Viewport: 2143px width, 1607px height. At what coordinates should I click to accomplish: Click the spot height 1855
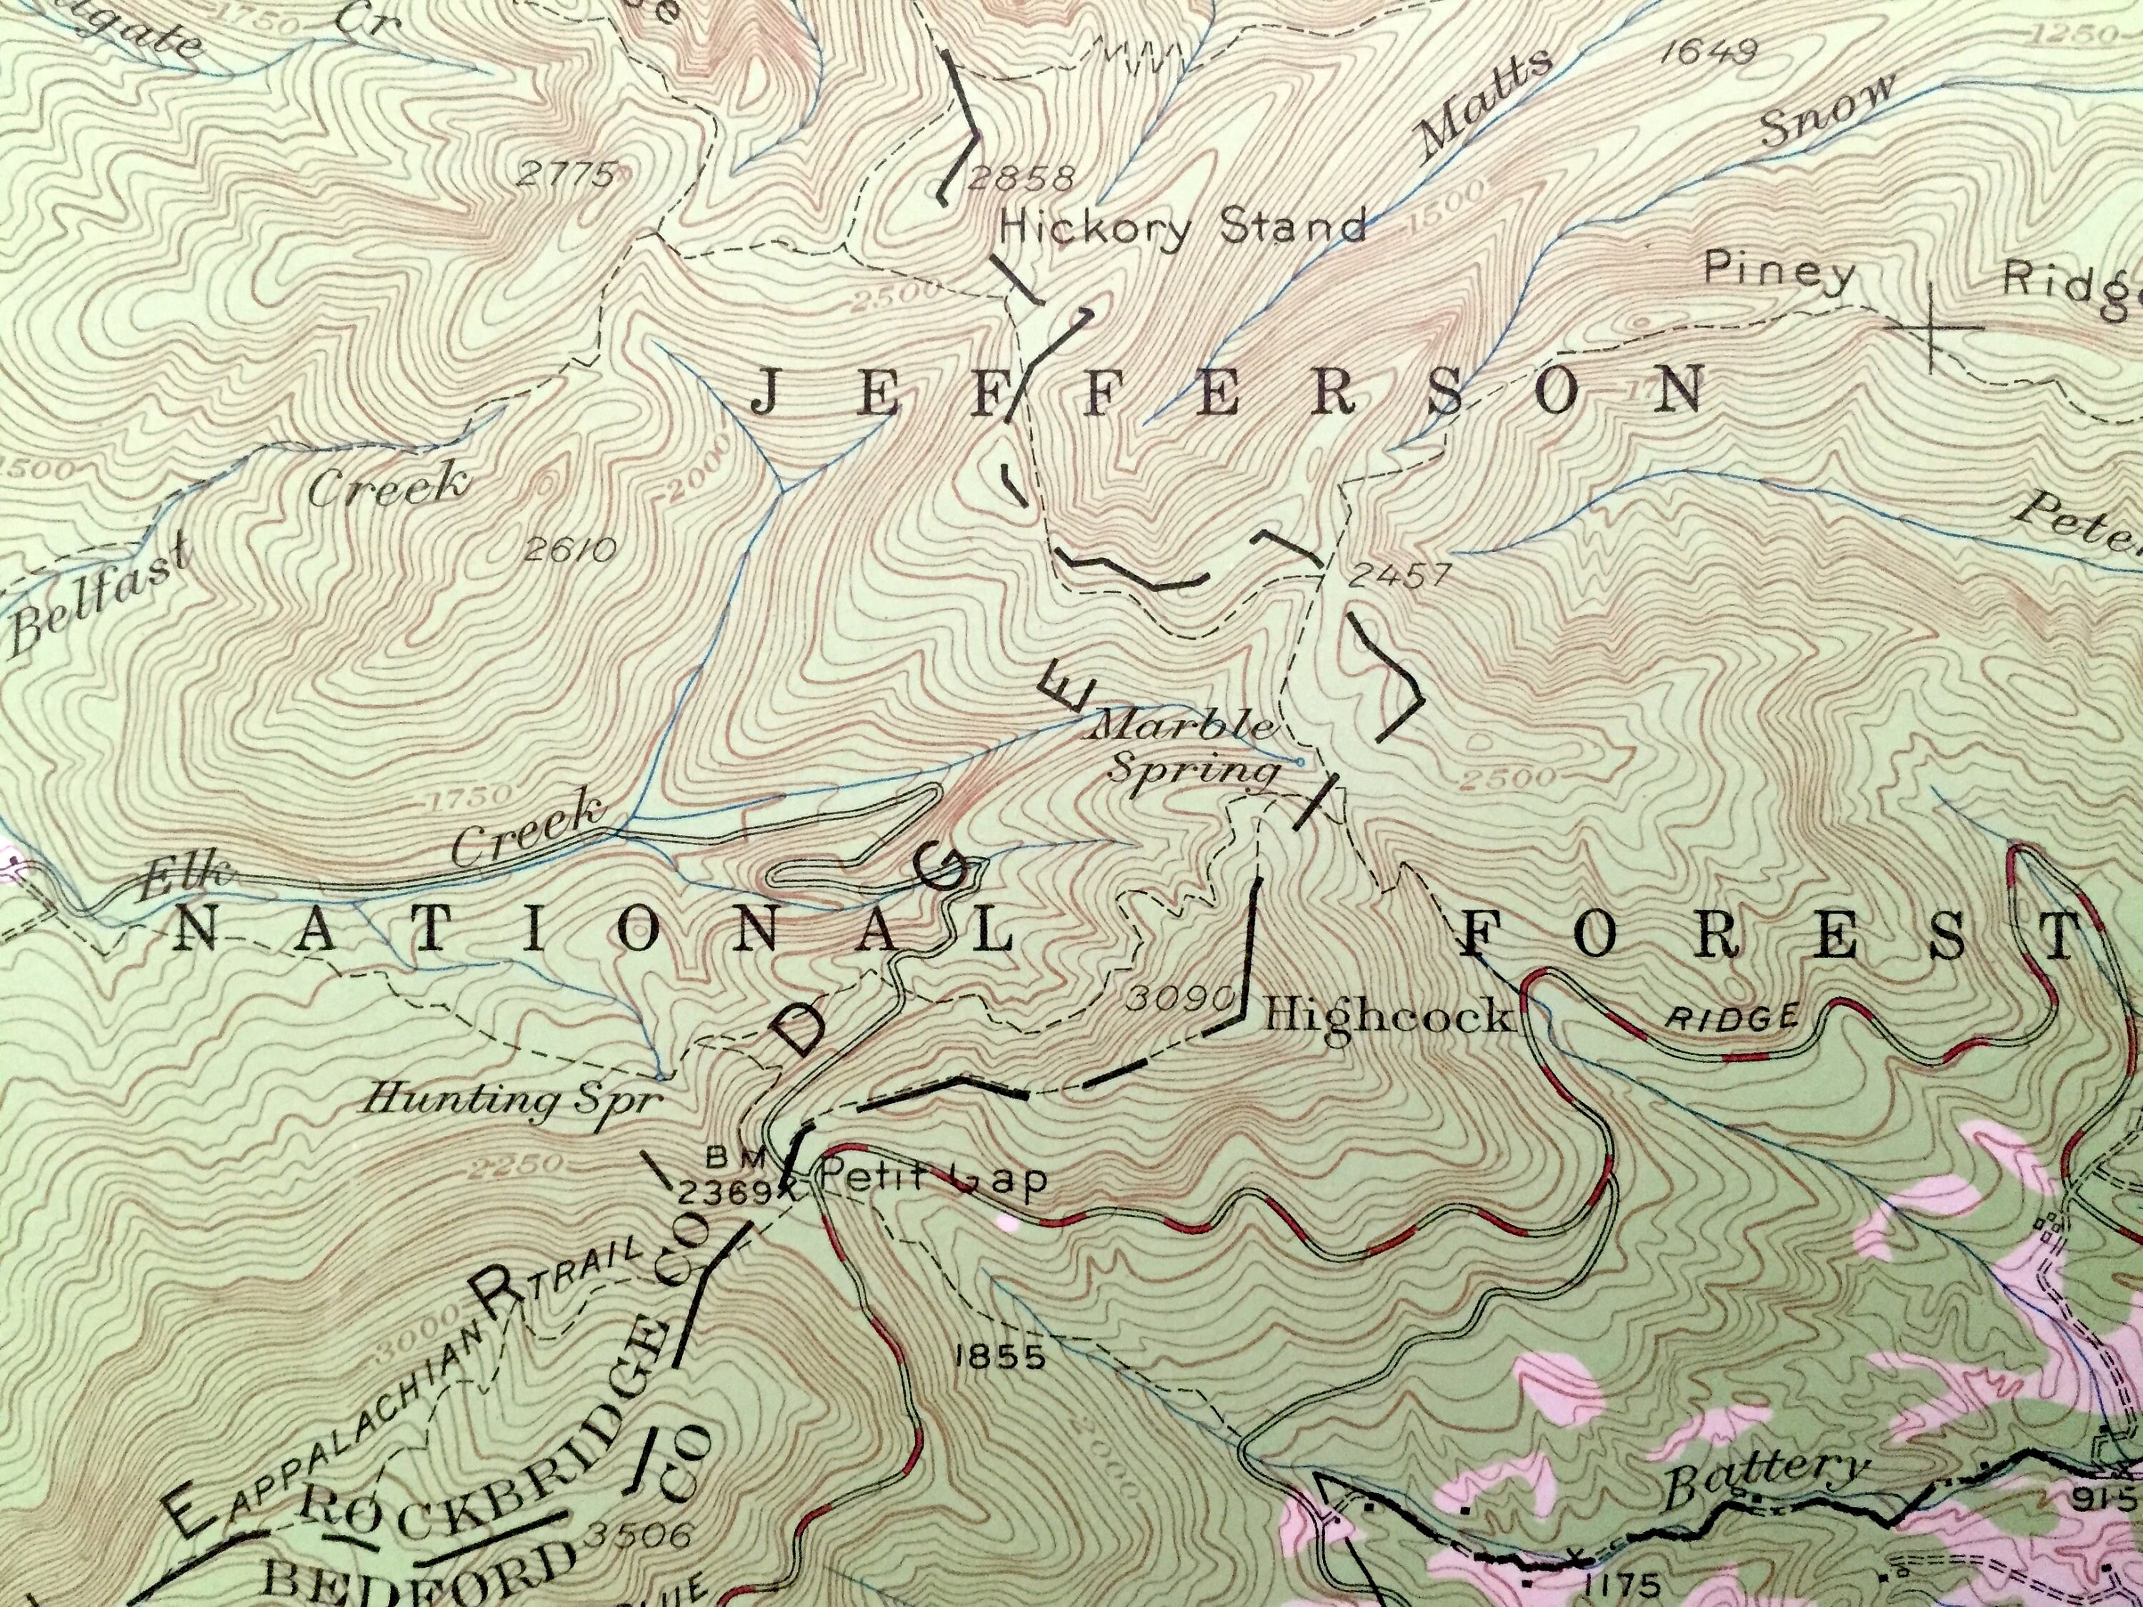point(1001,1357)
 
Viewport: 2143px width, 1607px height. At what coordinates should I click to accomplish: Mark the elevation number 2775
point(566,175)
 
